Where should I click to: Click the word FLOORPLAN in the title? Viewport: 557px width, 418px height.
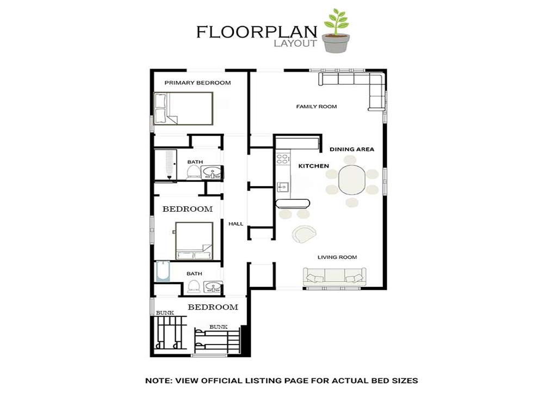tap(257, 32)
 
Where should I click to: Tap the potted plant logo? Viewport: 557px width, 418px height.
tap(336, 31)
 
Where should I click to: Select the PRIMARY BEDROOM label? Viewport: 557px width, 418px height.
tap(197, 83)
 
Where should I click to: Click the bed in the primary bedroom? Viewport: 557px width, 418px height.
tap(183, 108)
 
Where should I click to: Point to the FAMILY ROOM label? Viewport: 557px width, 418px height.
tap(317, 106)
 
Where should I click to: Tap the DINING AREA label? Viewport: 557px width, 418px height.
tap(352, 149)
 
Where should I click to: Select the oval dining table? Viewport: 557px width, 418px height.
tap(352, 180)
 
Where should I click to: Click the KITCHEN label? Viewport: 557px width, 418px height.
tap(314, 166)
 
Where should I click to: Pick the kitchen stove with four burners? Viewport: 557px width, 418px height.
tap(282, 158)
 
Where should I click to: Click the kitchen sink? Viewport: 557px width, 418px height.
tap(283, 186)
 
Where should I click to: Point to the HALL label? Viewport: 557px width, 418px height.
tap(236, 224)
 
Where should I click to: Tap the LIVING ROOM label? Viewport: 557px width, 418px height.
tap(337, 257)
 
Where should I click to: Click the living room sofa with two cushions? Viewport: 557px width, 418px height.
tap(335, 276)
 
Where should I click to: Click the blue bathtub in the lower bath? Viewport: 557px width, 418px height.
tap(163, 272)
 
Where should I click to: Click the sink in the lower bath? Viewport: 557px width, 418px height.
tap(213, 287)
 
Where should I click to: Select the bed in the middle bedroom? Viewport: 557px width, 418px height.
tap(194, 241)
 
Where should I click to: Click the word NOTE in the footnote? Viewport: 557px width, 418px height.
tap(158, 380)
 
